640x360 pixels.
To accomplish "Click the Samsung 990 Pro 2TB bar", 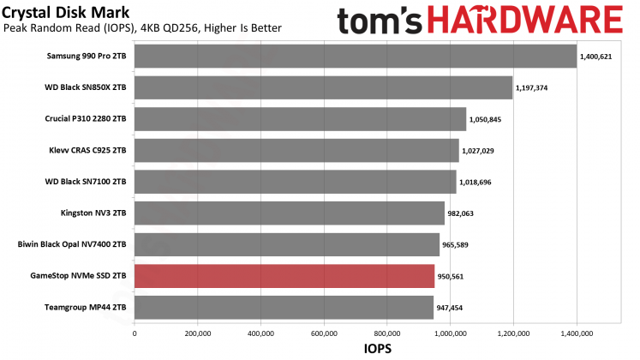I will click(x=356, y=57).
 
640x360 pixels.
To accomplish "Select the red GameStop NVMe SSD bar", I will click(x=284, y=276).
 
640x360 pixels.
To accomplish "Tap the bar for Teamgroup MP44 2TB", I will click(x=284, y=307).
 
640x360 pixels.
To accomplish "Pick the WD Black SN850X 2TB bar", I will click(x=323, y=87).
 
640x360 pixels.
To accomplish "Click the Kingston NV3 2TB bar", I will click(x=290, y=213).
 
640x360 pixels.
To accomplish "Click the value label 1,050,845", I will click(x=485, y=119).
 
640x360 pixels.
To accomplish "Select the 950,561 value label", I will click(x=453, y=276).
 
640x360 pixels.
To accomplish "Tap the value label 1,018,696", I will click(x=475, y=182).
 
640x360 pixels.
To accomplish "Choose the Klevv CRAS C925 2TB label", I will click(x=88, y=150).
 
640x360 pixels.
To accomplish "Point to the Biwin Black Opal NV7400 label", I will click(x=72, y=244).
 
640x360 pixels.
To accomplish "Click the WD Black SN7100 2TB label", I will click(x=86, y=182).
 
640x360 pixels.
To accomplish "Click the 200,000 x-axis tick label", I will click(x=197, y=333).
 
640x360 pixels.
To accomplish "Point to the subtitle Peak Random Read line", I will click(x=142, y=29).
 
